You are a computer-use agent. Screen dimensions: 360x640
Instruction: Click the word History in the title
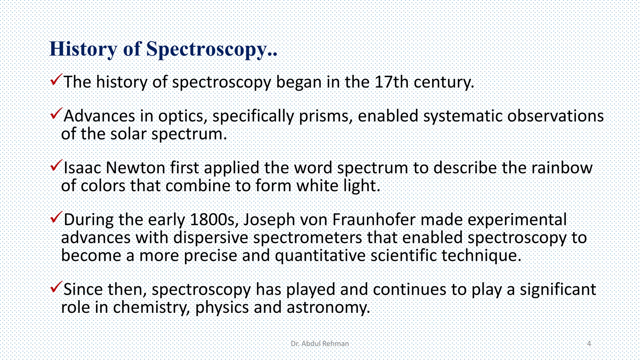tap(83, 49)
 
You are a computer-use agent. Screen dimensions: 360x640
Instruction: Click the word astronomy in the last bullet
tap(328, 307)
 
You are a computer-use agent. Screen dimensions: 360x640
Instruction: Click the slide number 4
tap(589, 344)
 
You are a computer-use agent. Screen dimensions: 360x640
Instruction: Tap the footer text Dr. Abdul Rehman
tap(320, 344)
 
